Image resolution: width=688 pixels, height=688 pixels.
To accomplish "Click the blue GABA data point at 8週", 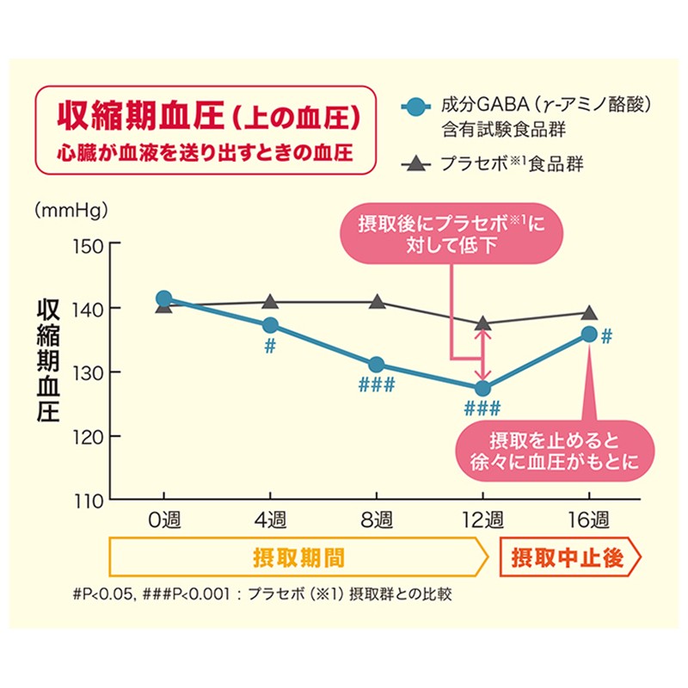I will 377,365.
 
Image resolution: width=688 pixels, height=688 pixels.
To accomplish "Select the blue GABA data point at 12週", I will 482,389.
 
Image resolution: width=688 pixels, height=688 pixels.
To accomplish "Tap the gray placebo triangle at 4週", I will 271,302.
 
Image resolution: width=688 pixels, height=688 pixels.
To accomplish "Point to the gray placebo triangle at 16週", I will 589,313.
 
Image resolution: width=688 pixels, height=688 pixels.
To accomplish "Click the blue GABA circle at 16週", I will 589,335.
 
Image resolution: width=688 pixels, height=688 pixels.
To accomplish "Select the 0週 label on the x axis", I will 164,521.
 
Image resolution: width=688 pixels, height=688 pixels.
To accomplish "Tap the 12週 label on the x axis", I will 482,521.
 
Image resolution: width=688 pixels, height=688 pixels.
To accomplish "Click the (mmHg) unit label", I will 66,210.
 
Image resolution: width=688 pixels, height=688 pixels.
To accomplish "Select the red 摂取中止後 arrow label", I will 567,557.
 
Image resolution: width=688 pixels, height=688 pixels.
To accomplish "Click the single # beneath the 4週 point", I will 270,346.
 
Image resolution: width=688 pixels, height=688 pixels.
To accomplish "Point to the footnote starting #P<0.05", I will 262,593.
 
